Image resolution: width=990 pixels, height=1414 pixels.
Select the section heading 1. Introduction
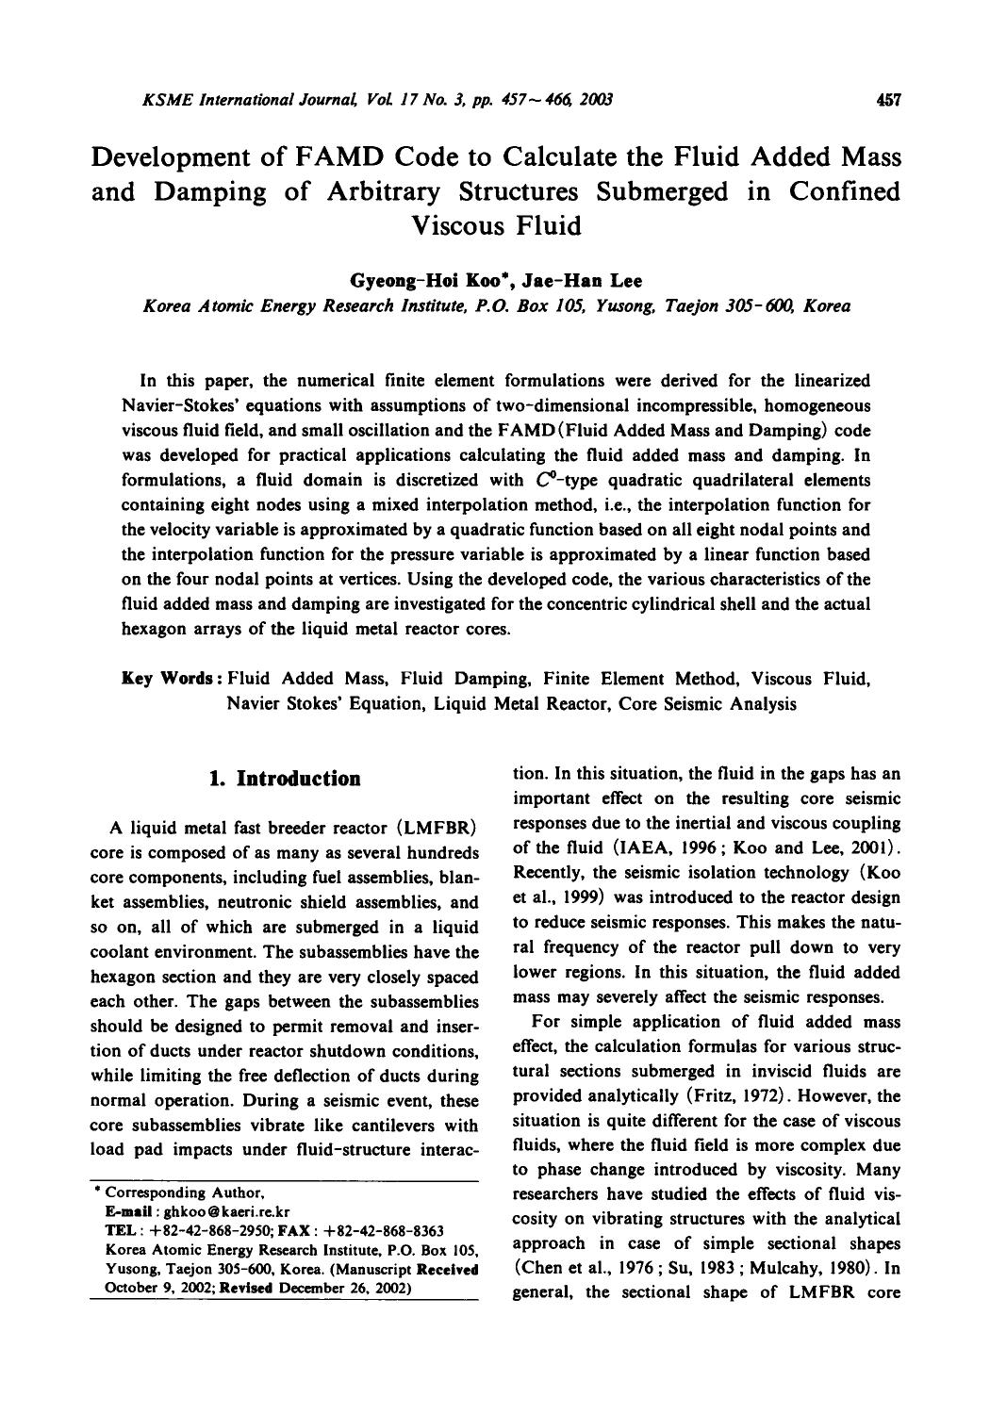click(284, 779)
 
